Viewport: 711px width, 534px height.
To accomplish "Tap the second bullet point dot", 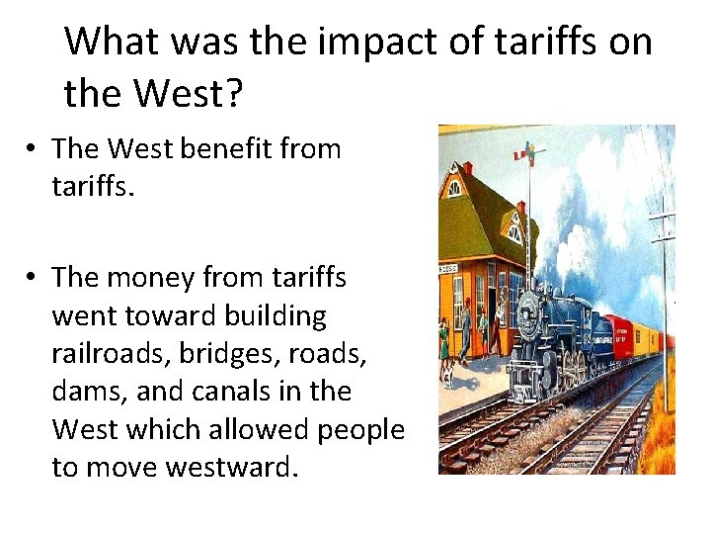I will pos(33,279).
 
